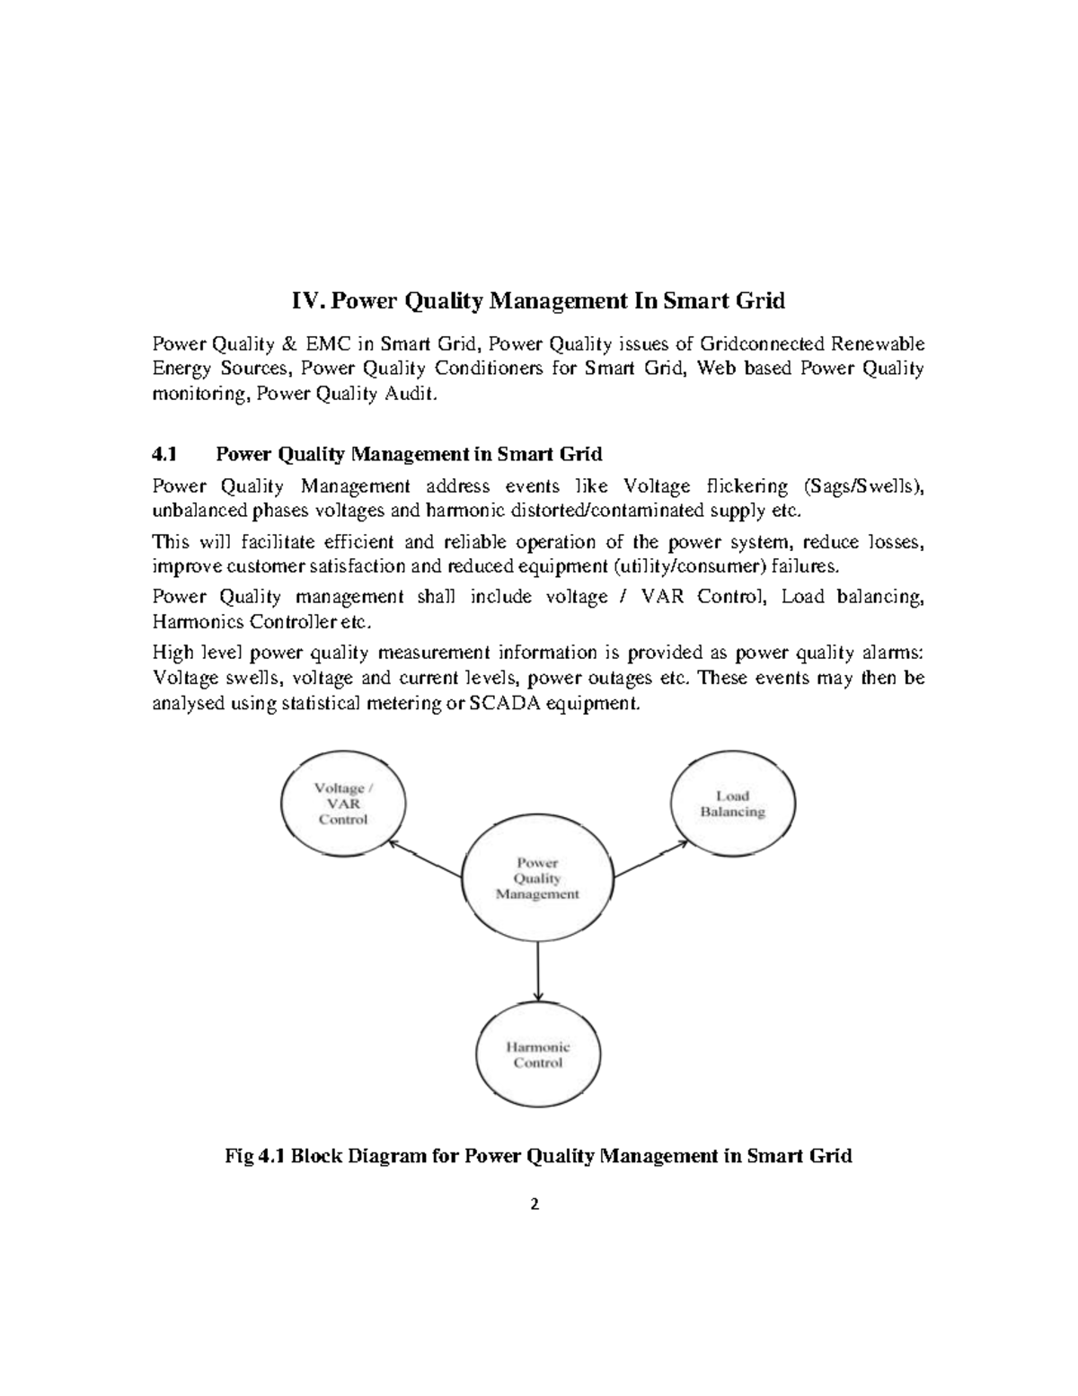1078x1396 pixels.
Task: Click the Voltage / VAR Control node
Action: coord(342,803)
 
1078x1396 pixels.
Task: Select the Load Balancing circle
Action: coord(734,804)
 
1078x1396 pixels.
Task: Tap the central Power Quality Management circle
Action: coord(537,878)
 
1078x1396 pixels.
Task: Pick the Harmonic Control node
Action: coord(537,1054)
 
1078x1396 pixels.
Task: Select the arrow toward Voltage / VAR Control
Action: coord(426,859)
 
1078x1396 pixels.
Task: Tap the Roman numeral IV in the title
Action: coord(308,301)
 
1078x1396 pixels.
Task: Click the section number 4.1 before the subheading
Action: coord(166,454)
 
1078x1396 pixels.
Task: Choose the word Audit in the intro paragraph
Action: coord(414,395)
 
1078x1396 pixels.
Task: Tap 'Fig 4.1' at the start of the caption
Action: coord(253,1156)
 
